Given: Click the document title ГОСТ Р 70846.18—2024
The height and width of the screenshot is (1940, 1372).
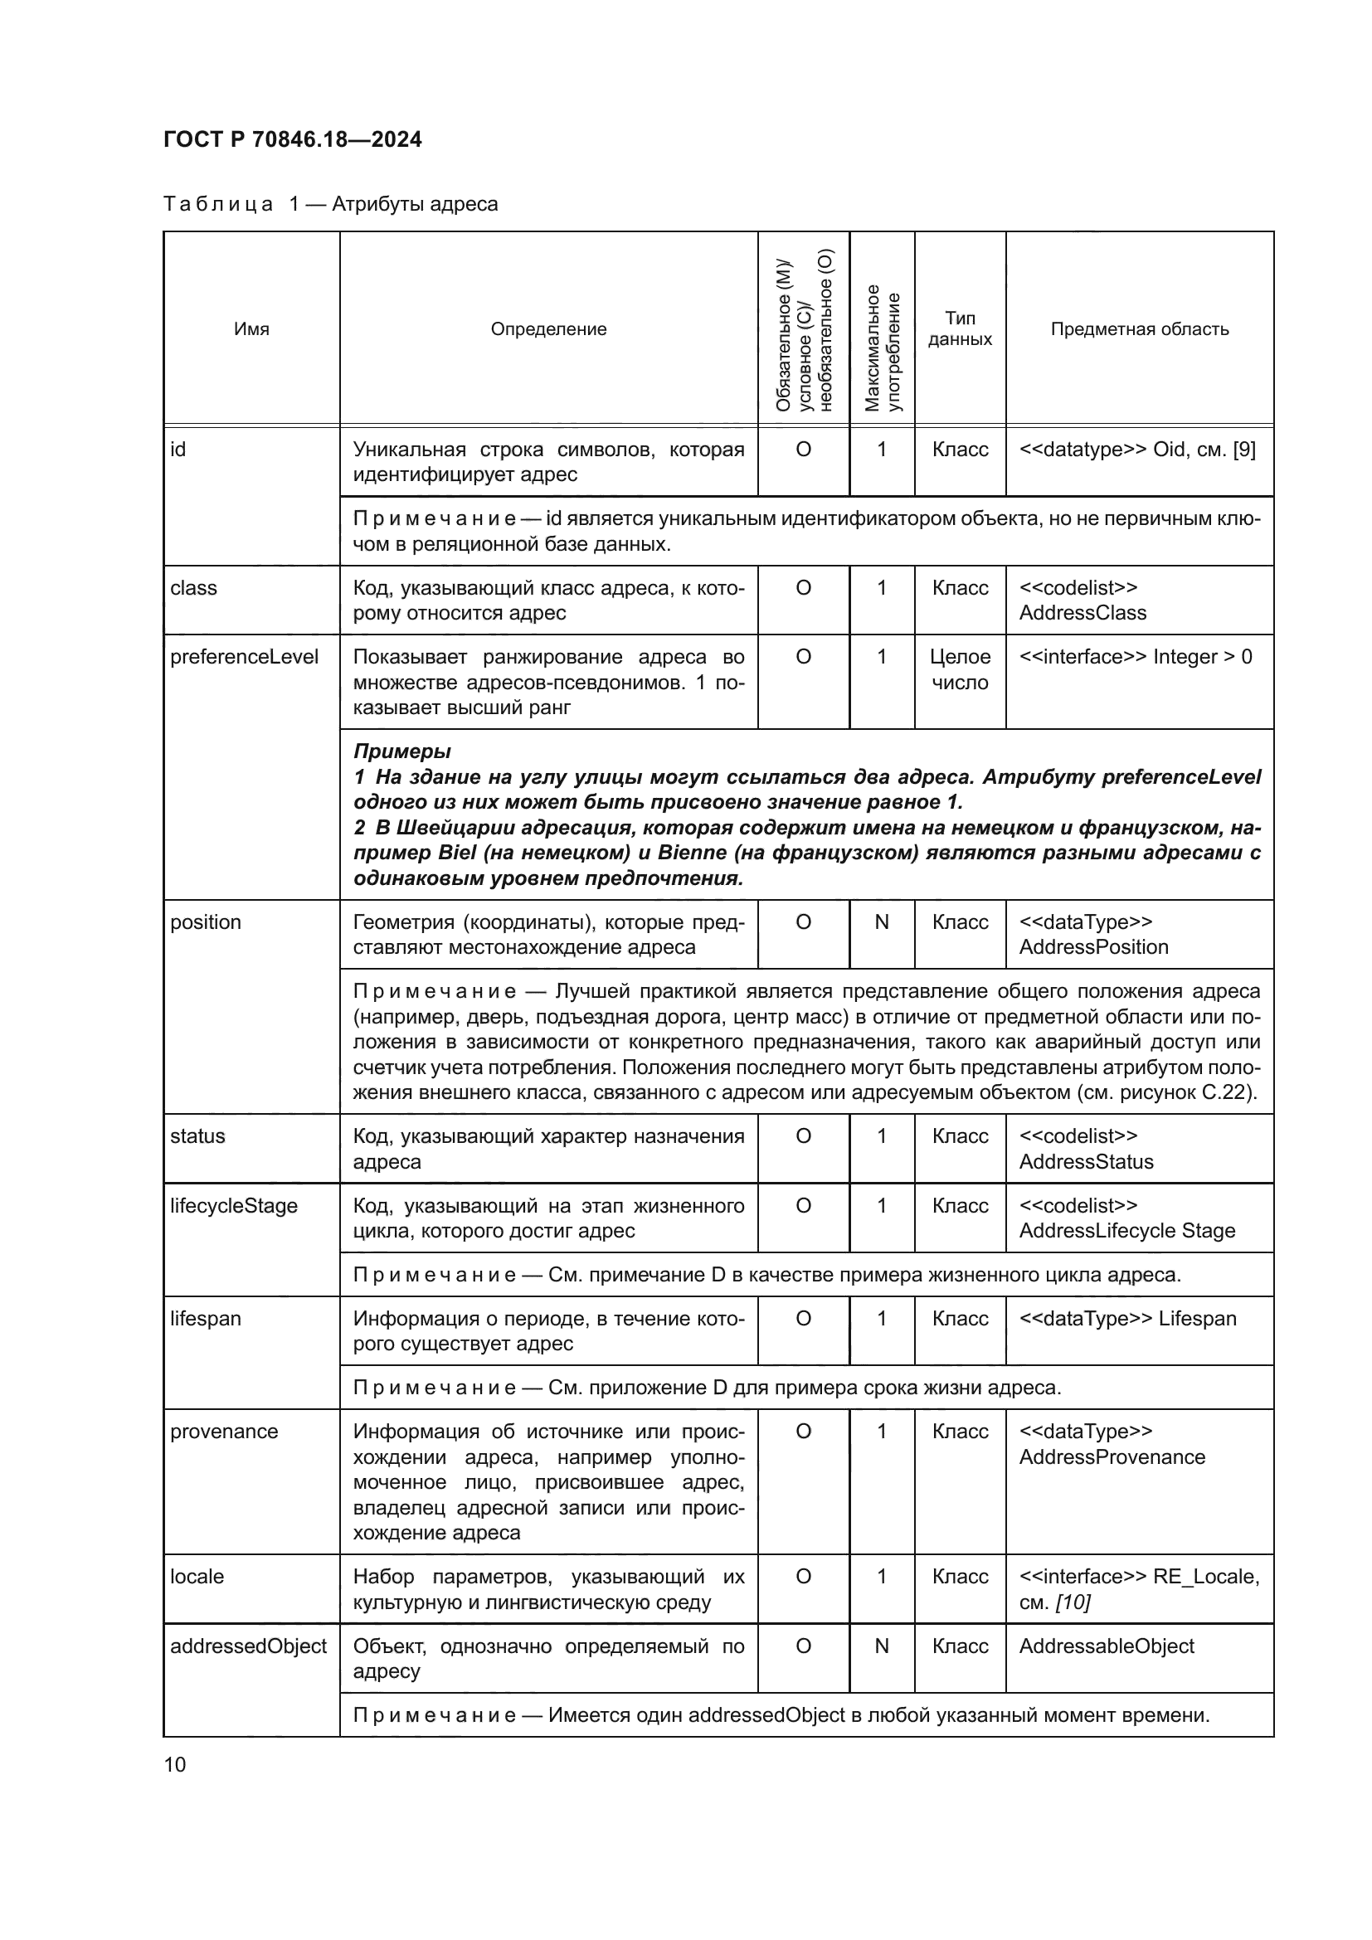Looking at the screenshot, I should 292,139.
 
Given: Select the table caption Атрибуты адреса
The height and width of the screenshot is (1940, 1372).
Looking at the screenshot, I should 414,204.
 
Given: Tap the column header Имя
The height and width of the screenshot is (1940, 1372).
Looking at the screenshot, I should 251,328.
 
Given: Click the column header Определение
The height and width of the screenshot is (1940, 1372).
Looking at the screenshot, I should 548,328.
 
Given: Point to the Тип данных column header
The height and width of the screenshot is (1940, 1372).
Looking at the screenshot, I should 960,328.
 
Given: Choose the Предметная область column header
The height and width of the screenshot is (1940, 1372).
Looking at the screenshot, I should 1139,328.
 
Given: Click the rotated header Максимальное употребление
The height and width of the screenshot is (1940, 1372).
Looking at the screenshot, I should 882,347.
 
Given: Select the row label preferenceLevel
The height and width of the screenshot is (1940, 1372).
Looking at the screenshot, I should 244,657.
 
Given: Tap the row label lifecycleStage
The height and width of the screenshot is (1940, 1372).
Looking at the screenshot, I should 234,1205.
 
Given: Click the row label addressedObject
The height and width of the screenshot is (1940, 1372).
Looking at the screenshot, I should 248,1645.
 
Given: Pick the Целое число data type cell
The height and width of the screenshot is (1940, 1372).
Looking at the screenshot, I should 960,669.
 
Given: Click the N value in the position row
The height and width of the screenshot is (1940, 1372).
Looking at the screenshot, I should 881,921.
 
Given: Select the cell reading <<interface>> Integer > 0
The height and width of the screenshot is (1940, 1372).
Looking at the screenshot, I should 1136,657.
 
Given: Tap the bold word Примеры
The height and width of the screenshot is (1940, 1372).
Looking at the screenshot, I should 401,751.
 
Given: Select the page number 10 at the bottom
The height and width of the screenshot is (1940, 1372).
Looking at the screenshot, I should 175,1764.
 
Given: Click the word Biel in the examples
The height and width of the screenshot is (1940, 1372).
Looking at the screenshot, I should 457,853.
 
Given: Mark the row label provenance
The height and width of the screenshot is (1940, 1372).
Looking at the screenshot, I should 224,1431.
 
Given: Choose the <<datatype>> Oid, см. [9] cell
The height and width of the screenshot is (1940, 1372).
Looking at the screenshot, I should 1137,450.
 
